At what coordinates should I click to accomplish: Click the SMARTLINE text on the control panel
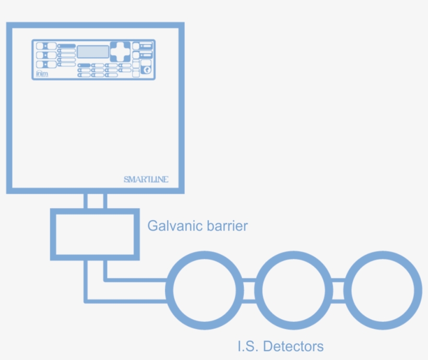[146, 179]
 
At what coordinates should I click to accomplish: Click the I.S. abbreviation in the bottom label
[247, 346]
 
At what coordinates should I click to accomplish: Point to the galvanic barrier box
[95, 234]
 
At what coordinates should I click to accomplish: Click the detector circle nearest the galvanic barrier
[205, 291]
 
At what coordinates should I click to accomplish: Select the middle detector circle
[295, 291]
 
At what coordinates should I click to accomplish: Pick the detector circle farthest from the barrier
[385, 291]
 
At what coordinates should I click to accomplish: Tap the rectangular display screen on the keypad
[93, 51]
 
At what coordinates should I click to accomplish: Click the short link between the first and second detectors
[250, 291]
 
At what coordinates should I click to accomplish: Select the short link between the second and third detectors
[340, 291]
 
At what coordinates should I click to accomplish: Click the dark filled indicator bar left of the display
[67, 46]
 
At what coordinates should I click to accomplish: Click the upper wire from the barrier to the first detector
[136, 280]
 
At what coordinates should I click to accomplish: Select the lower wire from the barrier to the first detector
[125, 300]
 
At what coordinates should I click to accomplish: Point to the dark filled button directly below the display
[84, 65]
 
